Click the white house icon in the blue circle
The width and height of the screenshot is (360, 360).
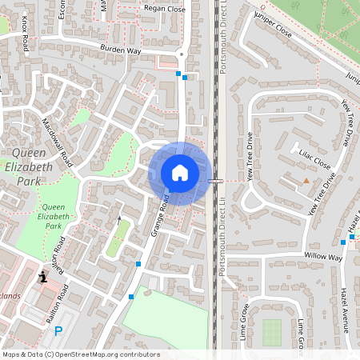click(x=180, y=173)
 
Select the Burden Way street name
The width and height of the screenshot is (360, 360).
click(x=122, y=49)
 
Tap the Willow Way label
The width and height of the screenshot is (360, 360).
click(x=322, y=257)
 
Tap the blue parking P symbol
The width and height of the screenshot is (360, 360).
click(x=58, y=331)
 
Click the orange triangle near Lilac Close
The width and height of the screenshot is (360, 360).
click(x=306, y=182)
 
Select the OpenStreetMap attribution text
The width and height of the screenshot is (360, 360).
click(x=82, y=354)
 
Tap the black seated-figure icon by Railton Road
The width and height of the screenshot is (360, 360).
click(x=42, y=277)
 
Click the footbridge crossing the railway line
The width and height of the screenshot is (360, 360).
click(x=215, y=182)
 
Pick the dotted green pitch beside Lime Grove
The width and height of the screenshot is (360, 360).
click(x=272, y=331)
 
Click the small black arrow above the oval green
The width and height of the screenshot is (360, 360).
click(x=119, y=218)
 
